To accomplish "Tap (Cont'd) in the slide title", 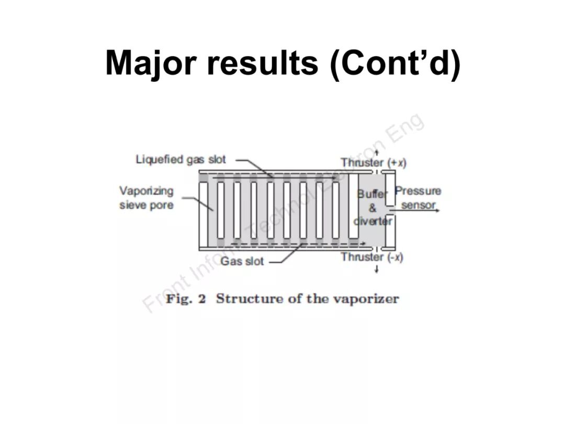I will point(395,63).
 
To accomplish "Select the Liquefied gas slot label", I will point(180,159).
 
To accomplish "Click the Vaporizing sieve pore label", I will point(146,198).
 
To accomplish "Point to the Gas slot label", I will point(242,261).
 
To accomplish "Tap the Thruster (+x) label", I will point(374,162).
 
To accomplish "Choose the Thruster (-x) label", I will point(372,257).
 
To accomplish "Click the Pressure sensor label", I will point(418,198).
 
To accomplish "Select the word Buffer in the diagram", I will point(372,194).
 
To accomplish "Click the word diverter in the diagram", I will point(372,221).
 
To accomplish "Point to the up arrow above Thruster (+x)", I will point(376,152).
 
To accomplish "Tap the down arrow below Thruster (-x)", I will point(377,270).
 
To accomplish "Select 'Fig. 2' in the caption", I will point(186,299).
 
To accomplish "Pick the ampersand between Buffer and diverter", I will point(372,208).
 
